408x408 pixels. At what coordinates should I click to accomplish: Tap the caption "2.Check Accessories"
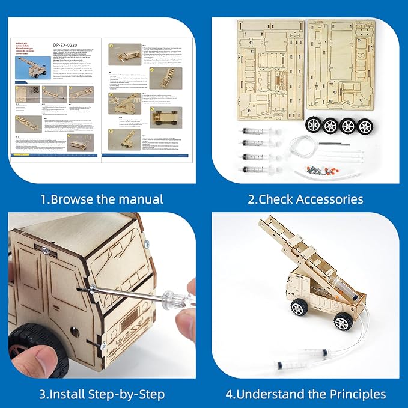click(305, 199)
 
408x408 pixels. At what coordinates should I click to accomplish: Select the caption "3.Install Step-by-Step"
click(102, 394)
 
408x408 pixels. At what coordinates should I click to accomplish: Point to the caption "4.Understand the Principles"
click(306, 394)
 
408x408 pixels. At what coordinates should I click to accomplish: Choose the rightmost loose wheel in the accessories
click(365, 127)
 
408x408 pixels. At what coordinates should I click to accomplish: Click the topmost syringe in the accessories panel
click(257, 130)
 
